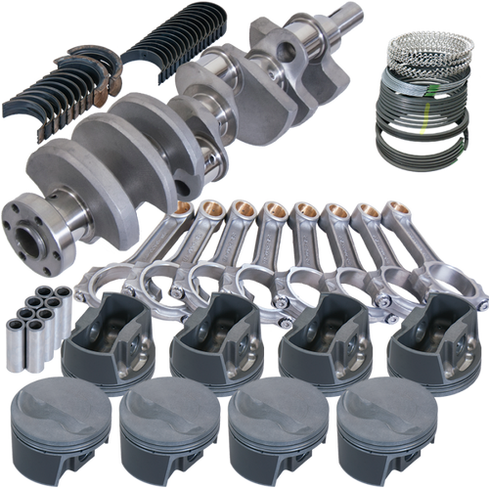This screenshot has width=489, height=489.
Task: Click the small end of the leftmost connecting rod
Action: pyautogui.click(x=184, y=213)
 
